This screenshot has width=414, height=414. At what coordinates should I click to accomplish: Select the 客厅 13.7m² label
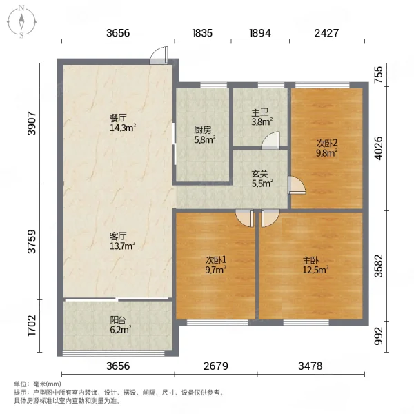[x=123, y=241]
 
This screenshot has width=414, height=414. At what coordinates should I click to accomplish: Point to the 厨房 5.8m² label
[x=205, y=135]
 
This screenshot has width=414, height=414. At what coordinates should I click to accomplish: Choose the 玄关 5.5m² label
[x=262, y=179]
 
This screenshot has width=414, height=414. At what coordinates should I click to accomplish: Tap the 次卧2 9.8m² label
[x=327, y=148]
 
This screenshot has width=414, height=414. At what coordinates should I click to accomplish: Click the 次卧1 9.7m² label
[x=216, y=265]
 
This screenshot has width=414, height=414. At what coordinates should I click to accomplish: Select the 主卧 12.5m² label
[x=315, y=265]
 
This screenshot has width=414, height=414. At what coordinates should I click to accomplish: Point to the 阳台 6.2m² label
[x=121, y=325]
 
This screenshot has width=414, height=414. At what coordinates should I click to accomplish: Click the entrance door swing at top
[x=159, y=55]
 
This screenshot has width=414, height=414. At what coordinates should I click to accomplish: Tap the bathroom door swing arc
[x=270, y=140]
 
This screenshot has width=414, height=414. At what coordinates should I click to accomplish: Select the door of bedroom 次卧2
[x=297, y=185]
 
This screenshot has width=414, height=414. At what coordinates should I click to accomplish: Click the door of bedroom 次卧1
[x=244, y=218]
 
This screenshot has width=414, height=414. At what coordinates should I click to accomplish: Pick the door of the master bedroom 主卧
[x=270, y=218]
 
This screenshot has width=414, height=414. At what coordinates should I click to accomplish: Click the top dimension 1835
[x=202, y=33]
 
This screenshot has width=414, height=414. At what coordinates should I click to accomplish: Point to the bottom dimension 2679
[x=216, y=366]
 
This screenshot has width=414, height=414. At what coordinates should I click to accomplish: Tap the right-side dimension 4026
[x=379, y=148]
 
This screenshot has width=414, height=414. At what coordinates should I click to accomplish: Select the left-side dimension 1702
[x=32, y=326]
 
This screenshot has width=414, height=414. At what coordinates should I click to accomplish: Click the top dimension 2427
[x=326, y=33]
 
